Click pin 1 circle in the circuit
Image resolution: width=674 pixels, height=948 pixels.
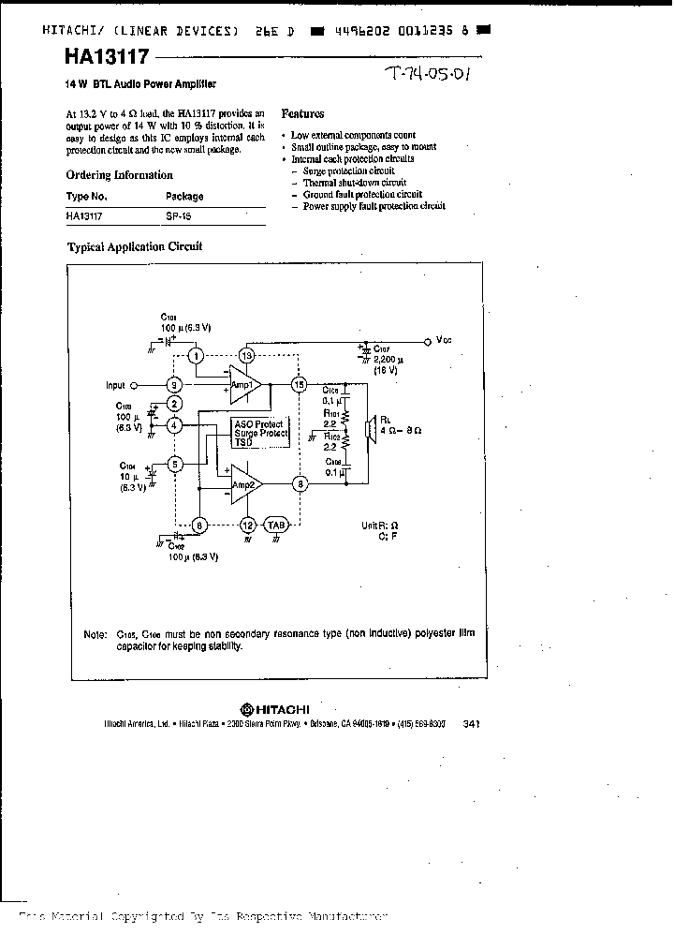[196, 355]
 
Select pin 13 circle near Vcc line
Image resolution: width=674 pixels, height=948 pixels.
[247, 355]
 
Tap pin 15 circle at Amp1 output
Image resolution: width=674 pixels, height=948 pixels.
[300, 384]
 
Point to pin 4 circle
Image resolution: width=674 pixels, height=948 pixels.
[174, 425]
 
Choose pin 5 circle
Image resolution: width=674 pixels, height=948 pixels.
[174, 464]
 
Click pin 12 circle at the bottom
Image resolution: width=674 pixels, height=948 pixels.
[247, 526]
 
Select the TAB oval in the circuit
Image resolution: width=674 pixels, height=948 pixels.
[276, 526]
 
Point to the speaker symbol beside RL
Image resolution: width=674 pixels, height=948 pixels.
[373, 430]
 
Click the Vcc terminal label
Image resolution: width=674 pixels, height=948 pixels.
[443, 341]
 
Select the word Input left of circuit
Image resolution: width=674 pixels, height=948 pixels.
[115, 385]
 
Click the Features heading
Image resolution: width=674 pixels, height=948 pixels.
[302, 113]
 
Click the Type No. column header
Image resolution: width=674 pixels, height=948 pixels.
[87, 197]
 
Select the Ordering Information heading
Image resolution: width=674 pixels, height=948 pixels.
[119, 175]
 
